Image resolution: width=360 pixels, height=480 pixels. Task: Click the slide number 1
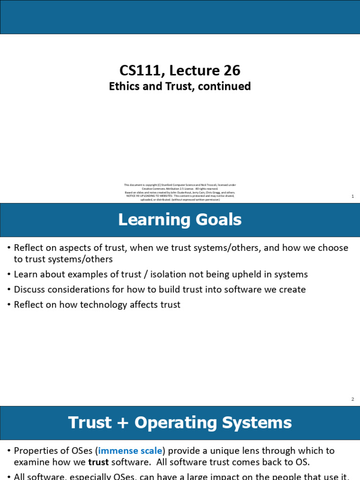(352, 196)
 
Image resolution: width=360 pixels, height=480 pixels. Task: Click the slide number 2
(352, 399)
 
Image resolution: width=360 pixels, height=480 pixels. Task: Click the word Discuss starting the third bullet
(30, 289)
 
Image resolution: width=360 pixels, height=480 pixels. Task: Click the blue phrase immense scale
(130, 450)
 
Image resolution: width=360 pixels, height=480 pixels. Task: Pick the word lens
(262, 450)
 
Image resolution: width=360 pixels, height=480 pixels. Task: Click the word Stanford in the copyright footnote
(161, 185)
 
